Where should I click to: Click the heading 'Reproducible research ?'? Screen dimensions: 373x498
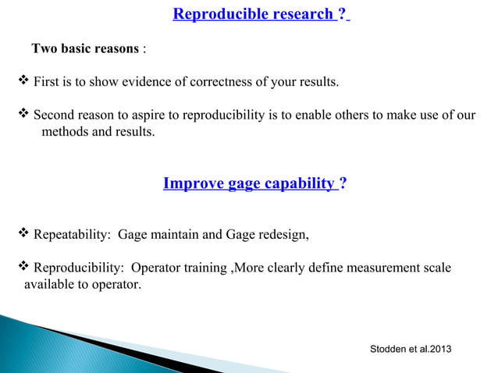(x=261, y=14)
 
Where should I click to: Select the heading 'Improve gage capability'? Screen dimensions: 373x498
(x=248, y=184)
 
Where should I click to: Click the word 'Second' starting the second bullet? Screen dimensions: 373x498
(x=54, y=115)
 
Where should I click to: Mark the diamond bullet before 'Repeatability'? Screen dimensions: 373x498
(x=23, y=233)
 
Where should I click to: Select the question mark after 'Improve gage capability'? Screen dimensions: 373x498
(x=344, y=184)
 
